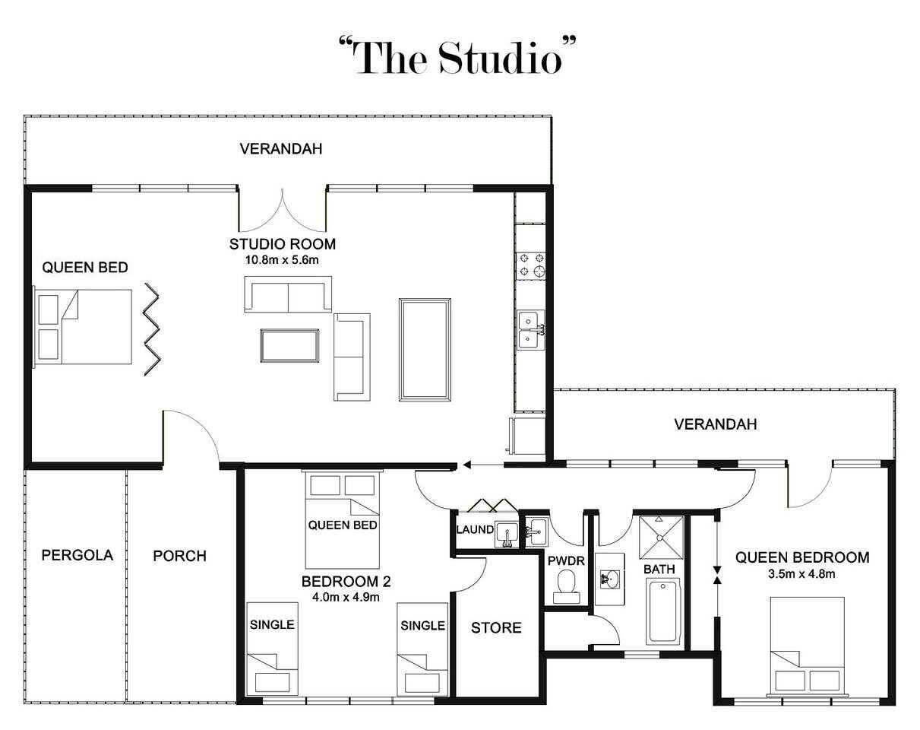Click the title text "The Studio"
tap(457, 57)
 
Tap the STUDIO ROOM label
tap(283, 244)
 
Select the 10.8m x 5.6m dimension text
tap(282, 260)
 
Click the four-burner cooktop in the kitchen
tap(531, 265)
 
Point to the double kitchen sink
tap(531, 330)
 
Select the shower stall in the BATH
tap(661, 538)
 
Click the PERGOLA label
tap(77, 555)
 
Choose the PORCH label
tap(180, 556)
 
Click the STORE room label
tap(496, 628)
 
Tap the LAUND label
tap(475, 530)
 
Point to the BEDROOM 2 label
tap(346, 582)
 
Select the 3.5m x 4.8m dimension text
tap(801, 574)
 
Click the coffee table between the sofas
tap(290, 345)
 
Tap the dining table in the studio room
tap(425, 350)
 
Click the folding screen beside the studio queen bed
tap(152, 329)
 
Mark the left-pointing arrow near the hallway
tap(483, 465)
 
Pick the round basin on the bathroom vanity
tap(610, 579)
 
